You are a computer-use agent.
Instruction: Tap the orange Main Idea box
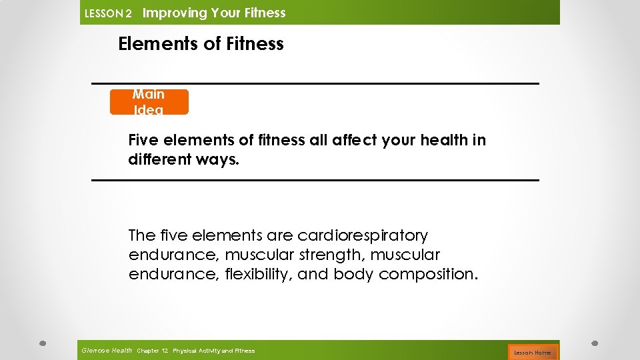[x=149, y=102]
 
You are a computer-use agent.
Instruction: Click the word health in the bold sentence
[x=446, y=140]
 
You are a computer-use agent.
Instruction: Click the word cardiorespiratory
[x=363, y=235]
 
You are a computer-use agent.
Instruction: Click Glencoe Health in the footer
[x=106, y=350]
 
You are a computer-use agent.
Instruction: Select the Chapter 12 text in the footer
[x=151, y=351]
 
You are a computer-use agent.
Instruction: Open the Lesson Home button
[x=533, y=352]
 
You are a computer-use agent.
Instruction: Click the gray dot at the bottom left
[x=41, y=343]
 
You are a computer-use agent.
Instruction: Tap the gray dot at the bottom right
[x=595, y=343]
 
